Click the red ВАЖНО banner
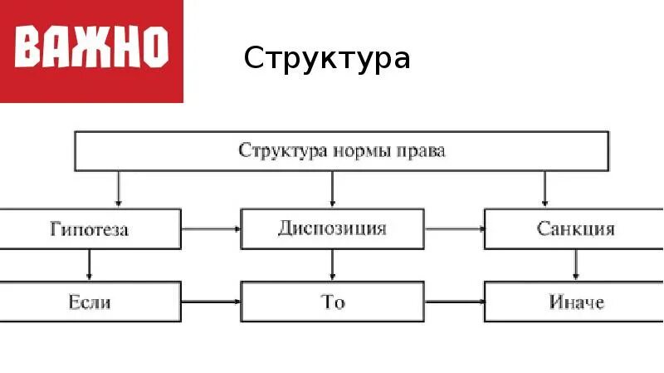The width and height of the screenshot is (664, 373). coord(91,50)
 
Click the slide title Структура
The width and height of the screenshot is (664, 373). coord(327,59)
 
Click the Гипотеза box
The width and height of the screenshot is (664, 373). coord(90,228)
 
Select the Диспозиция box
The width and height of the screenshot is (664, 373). coord(332,228)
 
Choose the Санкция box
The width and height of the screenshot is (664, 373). coord(574,228)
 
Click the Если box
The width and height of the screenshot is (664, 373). coord(90,302)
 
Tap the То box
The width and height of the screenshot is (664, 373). coord(332,302)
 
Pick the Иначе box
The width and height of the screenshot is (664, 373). coord(574,302)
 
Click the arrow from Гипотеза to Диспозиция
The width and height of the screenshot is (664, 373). coord(210,228)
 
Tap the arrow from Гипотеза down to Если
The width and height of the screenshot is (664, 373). coord(89,265)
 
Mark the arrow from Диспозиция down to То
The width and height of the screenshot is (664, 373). coord(332,265)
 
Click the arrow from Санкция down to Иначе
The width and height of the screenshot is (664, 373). coord(574,265)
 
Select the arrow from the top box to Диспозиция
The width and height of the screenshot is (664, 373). coord(332,189)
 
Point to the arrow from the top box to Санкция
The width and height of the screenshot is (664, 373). coord(544,189)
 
